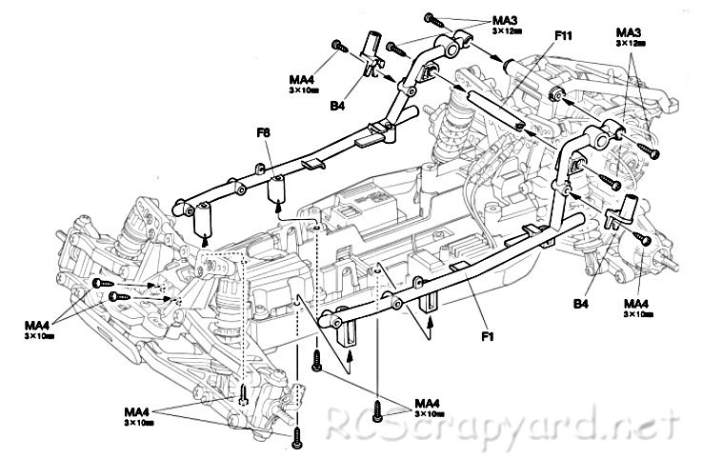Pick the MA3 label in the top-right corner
tap(630, 32)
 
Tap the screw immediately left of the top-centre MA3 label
tap(432, 17)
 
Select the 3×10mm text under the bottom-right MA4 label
tap(431, 414)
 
